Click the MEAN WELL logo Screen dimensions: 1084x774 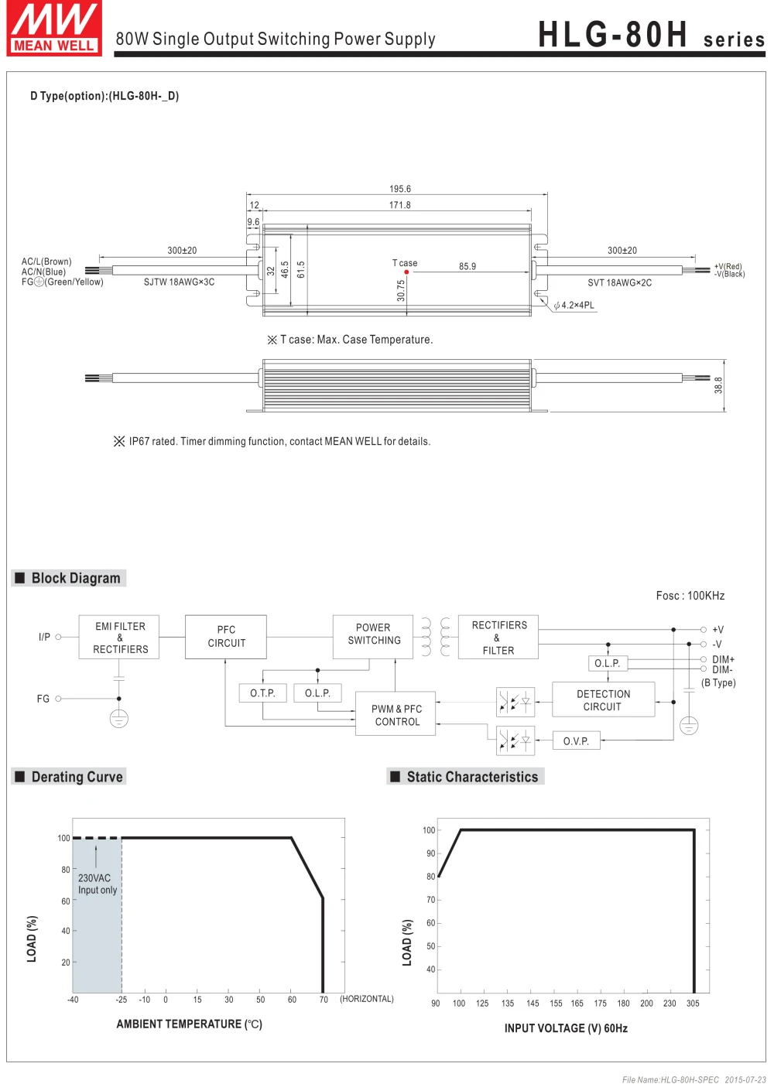pos(54,29)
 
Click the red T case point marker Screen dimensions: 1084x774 pos(406,272)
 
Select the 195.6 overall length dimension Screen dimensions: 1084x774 pos(399,189)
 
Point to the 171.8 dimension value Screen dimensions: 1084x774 pos(399,205)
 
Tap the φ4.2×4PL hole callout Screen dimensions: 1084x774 pos(574,306)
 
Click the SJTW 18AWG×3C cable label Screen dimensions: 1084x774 pos(179,282)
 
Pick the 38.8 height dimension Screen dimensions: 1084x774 pos(718,385)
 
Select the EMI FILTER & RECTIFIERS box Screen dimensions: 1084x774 pos(119,638)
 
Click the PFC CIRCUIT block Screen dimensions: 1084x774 pos(226,637)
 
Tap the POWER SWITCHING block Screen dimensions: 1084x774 pos(373,634)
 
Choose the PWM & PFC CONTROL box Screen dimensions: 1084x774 pos(396,715)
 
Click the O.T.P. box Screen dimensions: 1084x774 pos(262,693)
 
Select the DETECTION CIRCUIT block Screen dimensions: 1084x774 pos(603,700)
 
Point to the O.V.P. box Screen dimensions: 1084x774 pos(576,741)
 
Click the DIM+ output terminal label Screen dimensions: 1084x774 pos(723,660)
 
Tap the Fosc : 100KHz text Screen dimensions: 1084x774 pos(690,596)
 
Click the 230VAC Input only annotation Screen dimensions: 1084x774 pos(97,884)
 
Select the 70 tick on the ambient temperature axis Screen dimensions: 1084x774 pos(324,1000)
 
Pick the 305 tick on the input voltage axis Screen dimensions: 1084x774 pos(693,1004)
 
